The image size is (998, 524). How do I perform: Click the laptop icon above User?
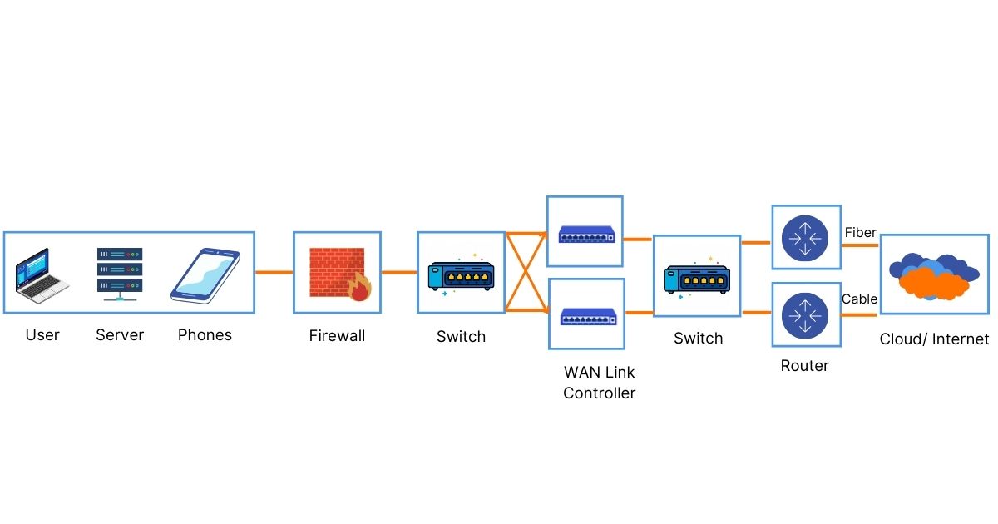(x=42, y=274)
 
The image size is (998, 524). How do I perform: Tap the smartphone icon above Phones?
(x=205, y=274)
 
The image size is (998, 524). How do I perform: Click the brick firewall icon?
(x=334, y=272)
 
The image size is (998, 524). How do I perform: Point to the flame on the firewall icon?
(x=360, y=288)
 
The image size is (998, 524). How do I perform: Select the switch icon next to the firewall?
(x=461, y=274)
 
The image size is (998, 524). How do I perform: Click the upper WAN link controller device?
(x=586, y=235)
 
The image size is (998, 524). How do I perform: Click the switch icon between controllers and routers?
(x=697, y=276)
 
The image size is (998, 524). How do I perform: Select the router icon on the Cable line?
(x=804, y=315)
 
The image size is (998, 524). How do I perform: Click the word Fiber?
(x=860, y=232)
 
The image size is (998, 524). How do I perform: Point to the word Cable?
(x=859, y=299)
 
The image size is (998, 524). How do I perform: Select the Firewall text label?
(x=337, y=336)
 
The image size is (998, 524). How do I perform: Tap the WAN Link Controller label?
(x=599, y=383)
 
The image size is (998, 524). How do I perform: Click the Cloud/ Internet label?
(x=934, y=339)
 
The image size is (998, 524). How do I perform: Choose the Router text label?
(x=804, y=365)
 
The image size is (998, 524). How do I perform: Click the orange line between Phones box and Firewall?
(x=274, y=272)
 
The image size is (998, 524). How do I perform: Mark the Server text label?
(x=120, y=334)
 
